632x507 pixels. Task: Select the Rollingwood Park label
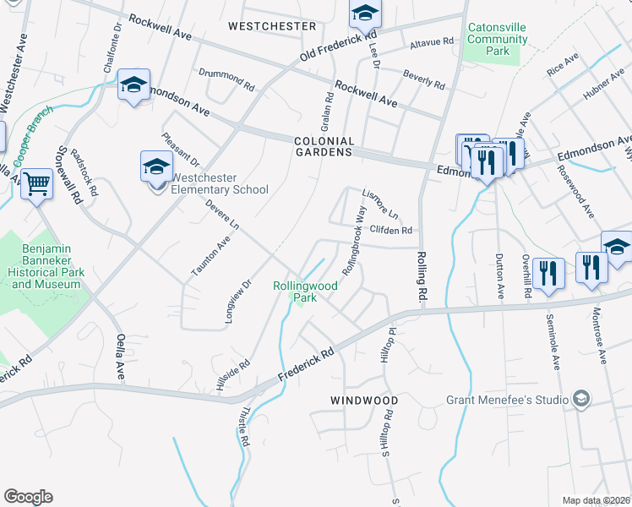305,292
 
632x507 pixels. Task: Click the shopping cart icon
37,183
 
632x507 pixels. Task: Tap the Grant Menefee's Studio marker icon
581,398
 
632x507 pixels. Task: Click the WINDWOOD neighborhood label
364,400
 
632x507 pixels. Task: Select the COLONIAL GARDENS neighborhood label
323,146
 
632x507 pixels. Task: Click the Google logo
29,497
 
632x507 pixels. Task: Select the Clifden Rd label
391,230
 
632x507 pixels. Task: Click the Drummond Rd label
226,79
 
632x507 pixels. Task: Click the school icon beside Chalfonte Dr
133,84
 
